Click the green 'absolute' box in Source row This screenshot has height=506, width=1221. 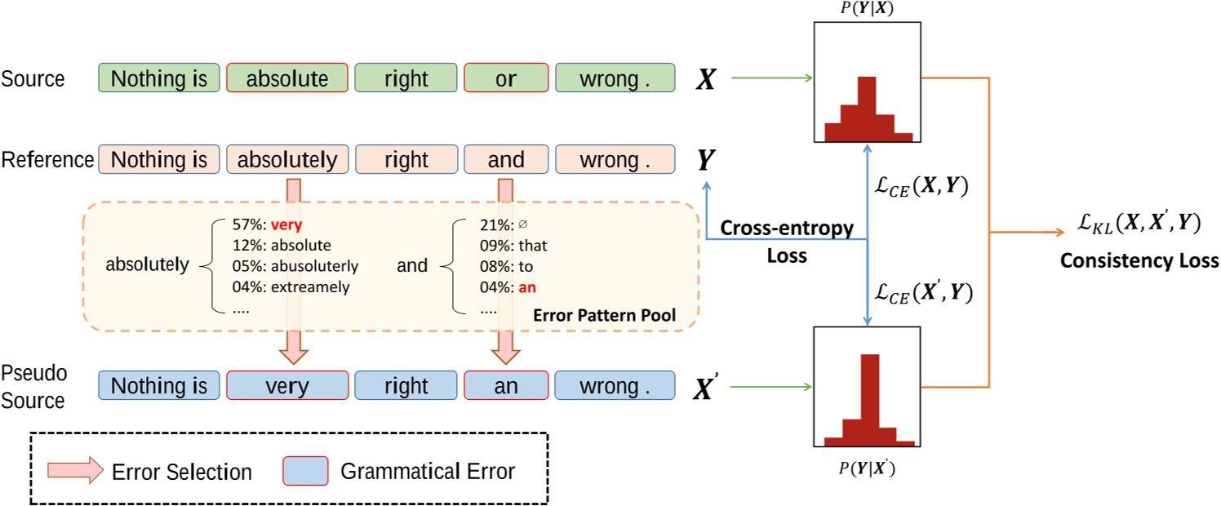(287, 78)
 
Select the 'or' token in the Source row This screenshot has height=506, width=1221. (505, 78)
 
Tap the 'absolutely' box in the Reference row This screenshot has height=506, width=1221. (287, 160)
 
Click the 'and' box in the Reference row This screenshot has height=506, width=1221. (505, 160)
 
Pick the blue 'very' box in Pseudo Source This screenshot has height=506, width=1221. (287, 384)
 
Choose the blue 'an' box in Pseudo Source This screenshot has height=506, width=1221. (505, 384)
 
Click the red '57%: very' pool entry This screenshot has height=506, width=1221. (260, 223)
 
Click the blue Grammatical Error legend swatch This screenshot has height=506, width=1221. (304, 471)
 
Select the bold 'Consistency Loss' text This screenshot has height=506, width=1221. (1140, 261)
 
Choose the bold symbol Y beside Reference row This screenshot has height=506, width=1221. (703, 161)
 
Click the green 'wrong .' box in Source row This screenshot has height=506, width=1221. (615, 78)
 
